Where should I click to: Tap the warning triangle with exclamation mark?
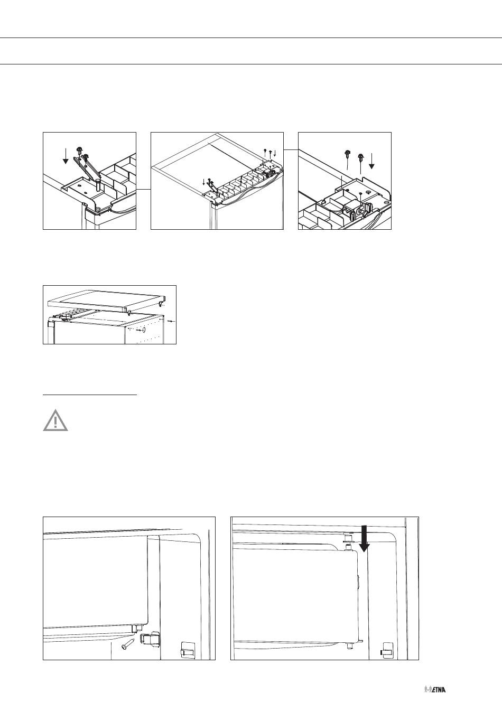[55, 420]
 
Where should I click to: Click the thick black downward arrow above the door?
[364, 539]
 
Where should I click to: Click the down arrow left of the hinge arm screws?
[66, 156]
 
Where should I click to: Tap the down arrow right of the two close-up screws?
[371, 161]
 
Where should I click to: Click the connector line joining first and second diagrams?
[143, 189]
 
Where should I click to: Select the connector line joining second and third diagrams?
[291, 149]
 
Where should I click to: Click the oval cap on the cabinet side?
[144, 330]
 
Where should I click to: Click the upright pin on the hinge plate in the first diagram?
[97, 184]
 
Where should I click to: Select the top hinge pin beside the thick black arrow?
[348, 540]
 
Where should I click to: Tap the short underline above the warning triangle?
[90, 395]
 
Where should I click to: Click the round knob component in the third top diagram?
[362, 211]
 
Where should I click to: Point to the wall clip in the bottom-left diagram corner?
[186, 649]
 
